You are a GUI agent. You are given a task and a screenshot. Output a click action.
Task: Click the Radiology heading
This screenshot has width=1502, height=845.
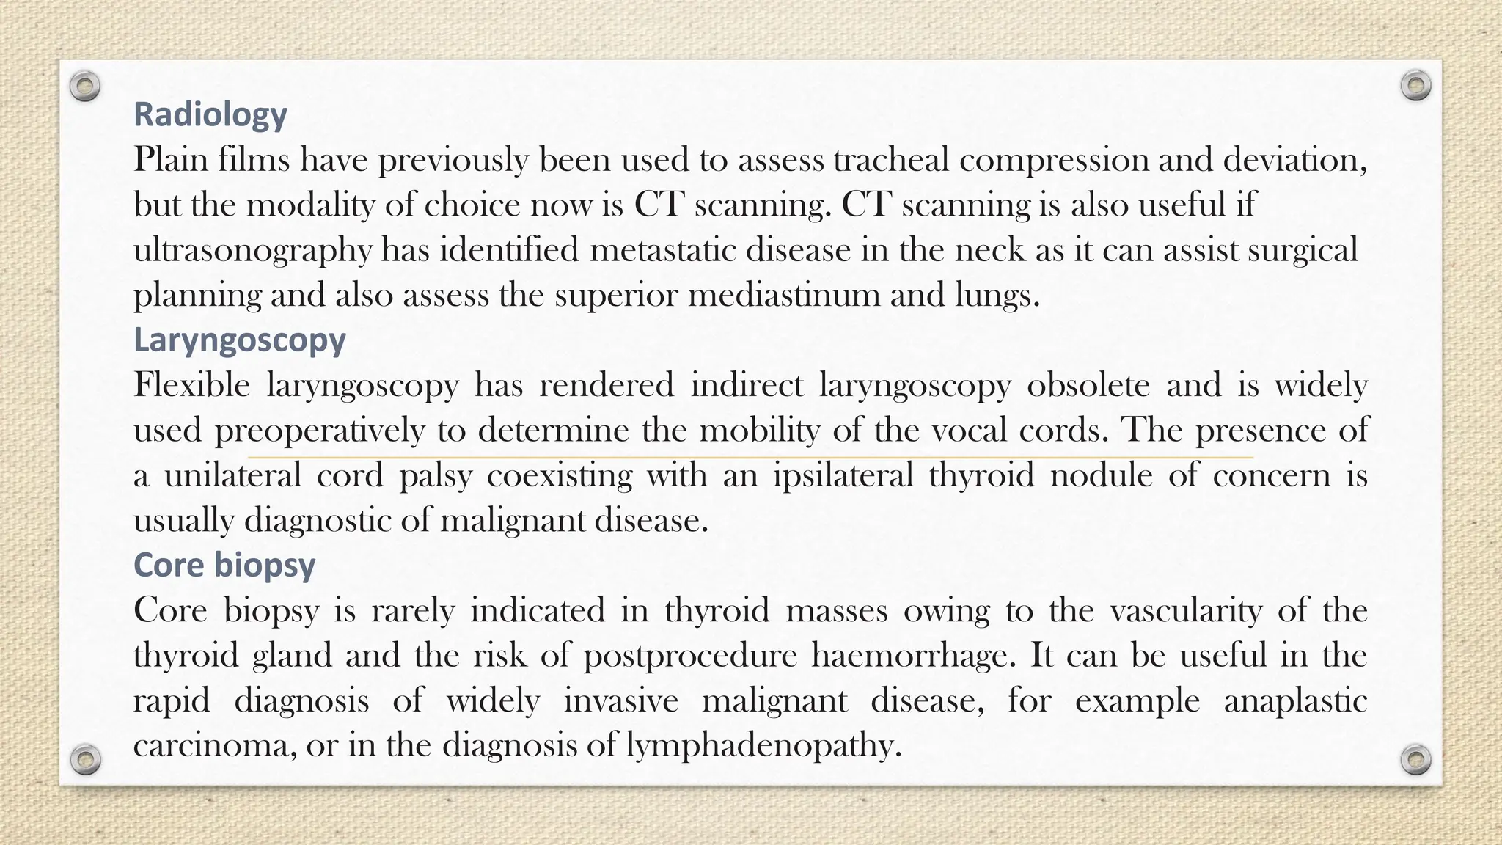coord(210,114)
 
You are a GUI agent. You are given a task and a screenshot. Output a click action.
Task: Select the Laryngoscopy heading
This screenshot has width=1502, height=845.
coord(240,340)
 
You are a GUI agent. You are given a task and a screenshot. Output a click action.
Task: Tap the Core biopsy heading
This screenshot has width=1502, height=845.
coord(224,566)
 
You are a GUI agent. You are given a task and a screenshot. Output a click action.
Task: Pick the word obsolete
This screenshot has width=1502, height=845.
coord(1088,386)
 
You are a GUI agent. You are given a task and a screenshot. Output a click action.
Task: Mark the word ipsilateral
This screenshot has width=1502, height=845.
coord(843,476)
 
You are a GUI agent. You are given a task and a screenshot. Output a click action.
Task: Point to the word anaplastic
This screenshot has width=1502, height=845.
coord(1295,701)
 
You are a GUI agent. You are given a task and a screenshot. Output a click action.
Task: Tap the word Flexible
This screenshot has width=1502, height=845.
coord(191,386)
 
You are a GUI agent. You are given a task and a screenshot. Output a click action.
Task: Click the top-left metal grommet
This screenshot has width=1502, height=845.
coord(85,87)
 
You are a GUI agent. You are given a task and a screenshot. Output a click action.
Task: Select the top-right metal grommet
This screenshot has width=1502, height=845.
coord(1415,86)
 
